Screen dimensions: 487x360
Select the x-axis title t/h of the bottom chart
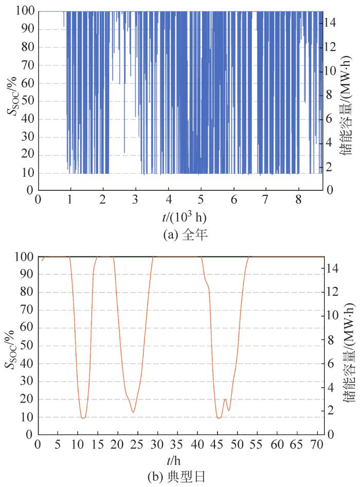click(182, 461)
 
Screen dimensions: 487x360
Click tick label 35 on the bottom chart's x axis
click(177, 444)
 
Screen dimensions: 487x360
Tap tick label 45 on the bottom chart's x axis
click(218, 444)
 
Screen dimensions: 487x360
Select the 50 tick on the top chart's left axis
click(27, 101)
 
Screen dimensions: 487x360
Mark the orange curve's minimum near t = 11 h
click(83, 418)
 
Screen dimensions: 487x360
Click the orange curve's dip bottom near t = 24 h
click(133, 412)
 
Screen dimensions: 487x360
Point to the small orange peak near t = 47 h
click(225, 399)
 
